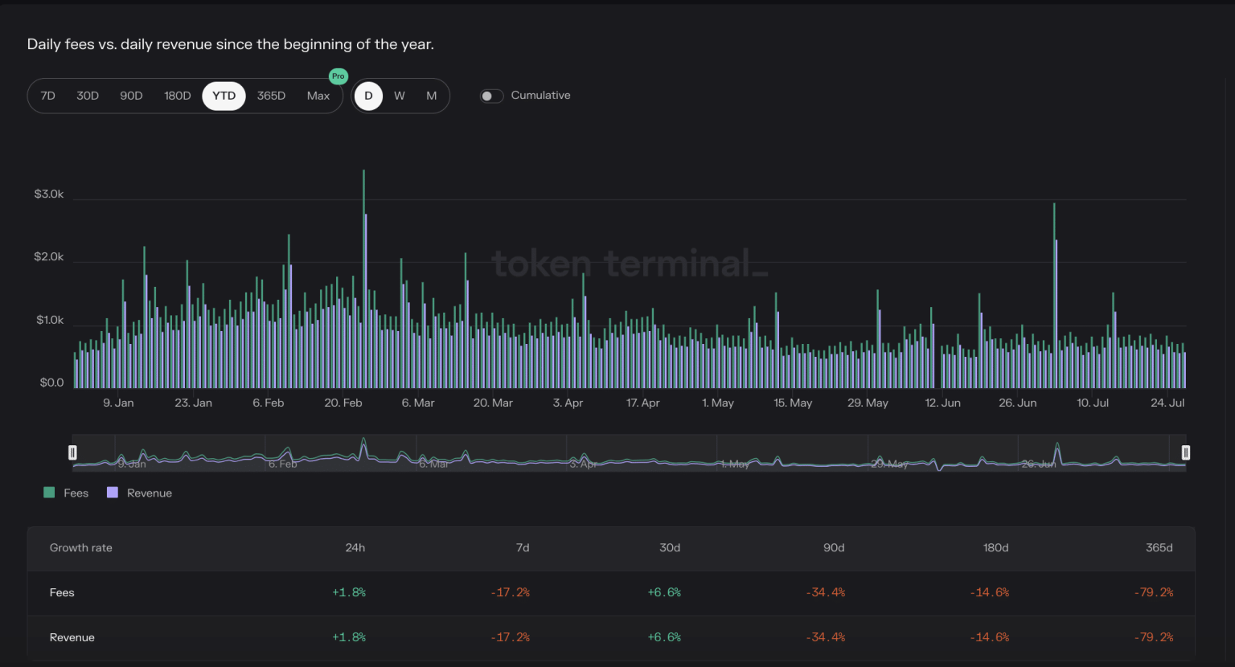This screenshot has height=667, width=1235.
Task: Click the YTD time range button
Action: pos(224,96)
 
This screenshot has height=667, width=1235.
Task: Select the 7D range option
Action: pos(48,96)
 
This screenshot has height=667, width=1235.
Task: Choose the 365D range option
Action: pos(271,96)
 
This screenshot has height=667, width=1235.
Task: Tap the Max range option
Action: pos(318,96)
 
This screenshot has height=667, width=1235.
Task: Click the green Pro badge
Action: pos(338,76)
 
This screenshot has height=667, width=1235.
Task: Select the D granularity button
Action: pos(368,96)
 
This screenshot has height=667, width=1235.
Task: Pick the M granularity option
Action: pos(432,96)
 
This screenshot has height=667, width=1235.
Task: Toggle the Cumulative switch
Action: pos(491,96)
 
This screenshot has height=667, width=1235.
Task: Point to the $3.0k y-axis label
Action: pos(49,194)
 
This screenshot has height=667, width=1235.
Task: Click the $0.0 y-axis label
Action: pos(51,383)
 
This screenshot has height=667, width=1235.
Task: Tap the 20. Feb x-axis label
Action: pos(343,403)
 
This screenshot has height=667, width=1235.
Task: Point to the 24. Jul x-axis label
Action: pos(1167,403)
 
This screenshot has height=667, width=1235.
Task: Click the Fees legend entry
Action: pos(67,493)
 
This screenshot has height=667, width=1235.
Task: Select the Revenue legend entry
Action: pos(140,493)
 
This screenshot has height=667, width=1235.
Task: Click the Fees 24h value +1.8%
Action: pos(349,592)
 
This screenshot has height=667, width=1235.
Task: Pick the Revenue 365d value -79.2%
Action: pos(1154,637)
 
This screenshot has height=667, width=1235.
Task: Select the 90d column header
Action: pos(834,548)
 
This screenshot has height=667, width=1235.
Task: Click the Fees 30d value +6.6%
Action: pos(664,592)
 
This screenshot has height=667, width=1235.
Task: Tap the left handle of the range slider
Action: pos(72,452)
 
